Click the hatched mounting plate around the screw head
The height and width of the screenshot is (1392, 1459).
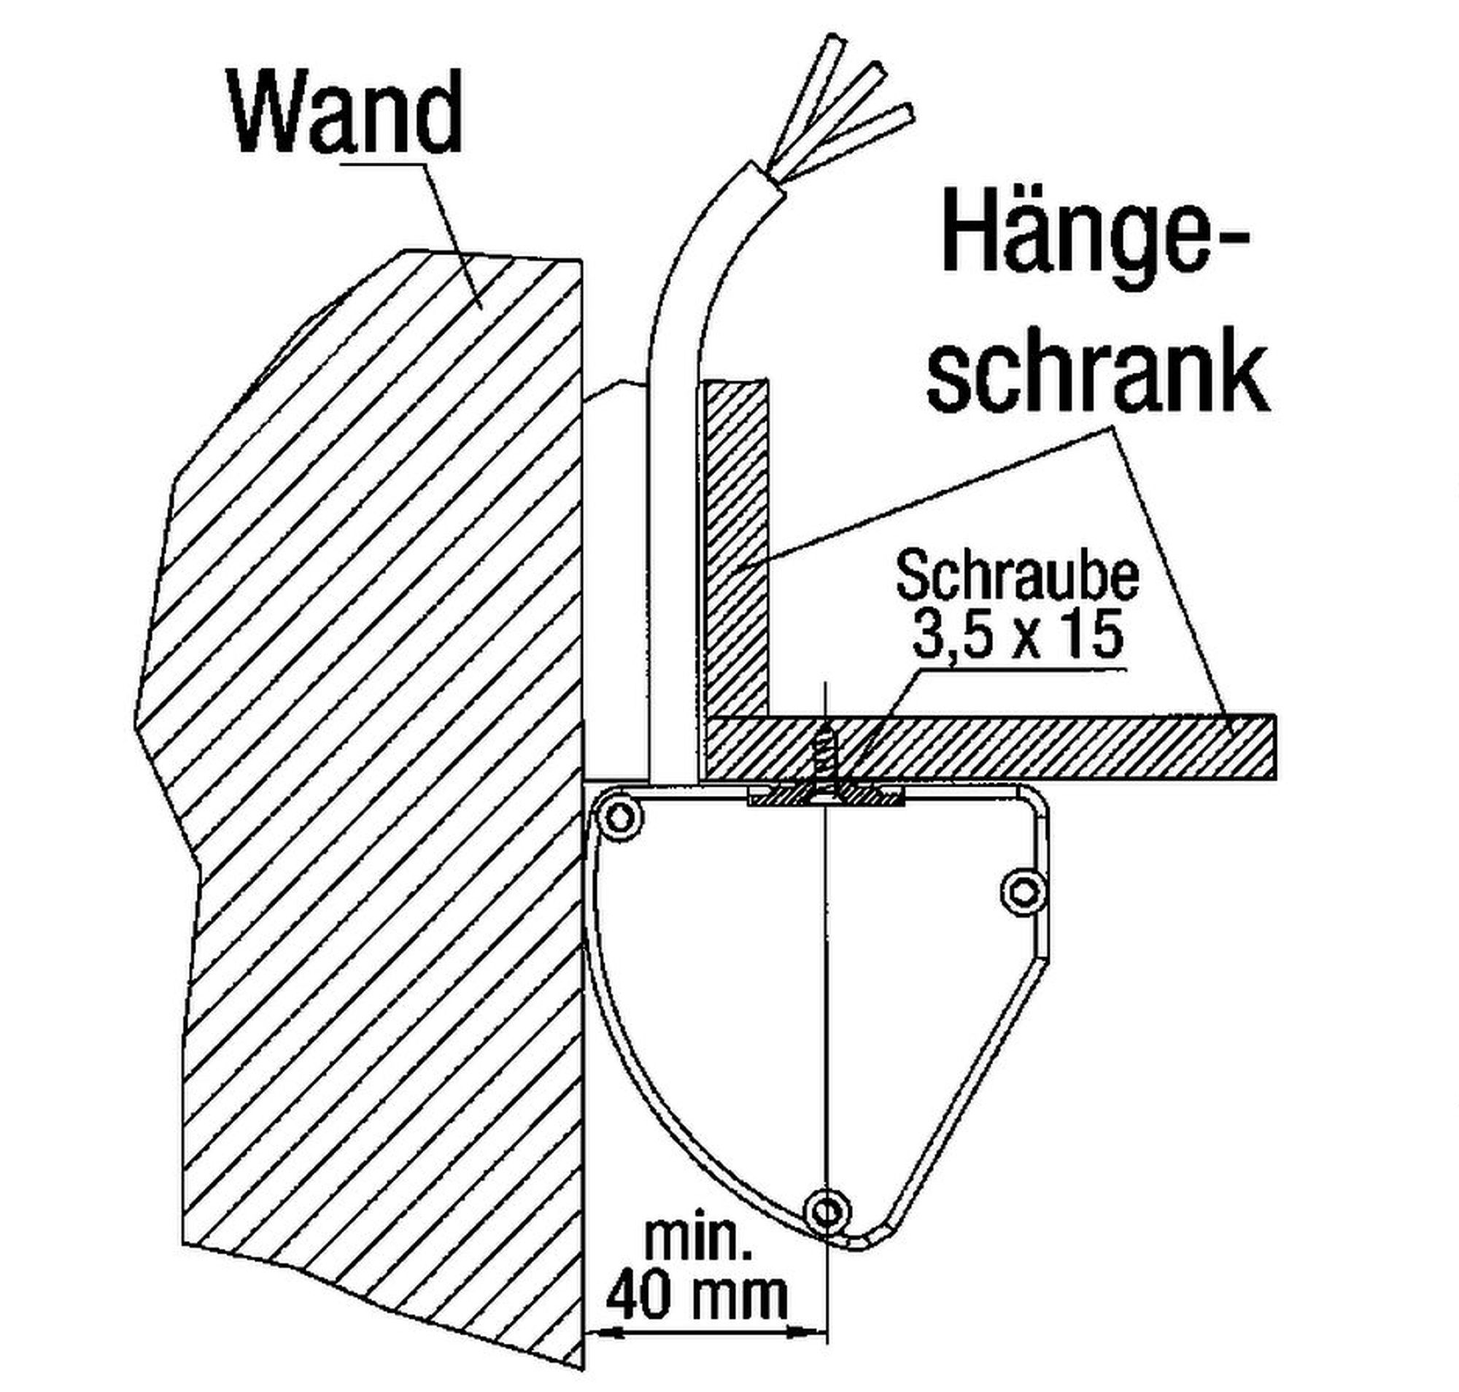click(x=824, y=797)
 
